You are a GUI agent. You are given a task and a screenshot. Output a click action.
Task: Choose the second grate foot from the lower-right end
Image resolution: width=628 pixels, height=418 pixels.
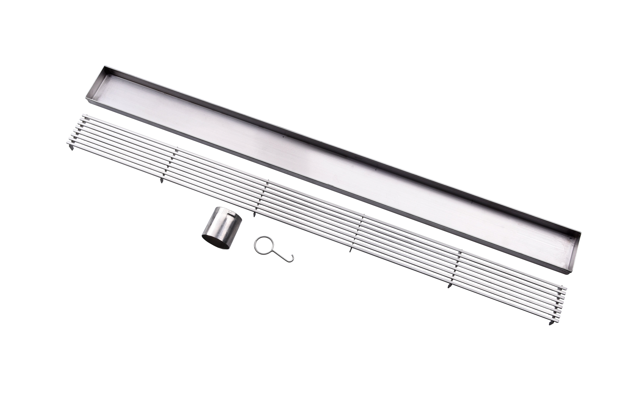pyautogui.click(x=449, y=286)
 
